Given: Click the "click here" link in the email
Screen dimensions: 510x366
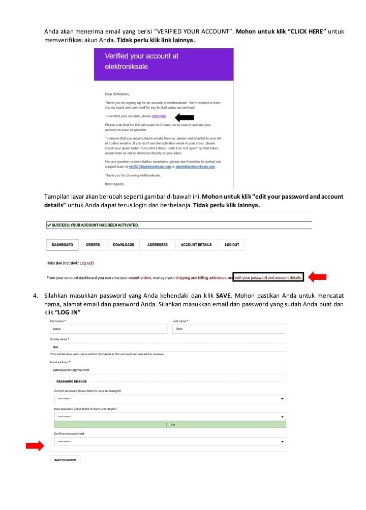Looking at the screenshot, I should [x=159, y=116].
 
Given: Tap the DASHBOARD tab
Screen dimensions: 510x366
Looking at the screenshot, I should [x=63, y=245].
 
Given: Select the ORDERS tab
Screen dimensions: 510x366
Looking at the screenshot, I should [x=93, y=245].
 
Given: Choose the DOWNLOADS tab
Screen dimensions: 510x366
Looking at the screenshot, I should [x=124, y=245].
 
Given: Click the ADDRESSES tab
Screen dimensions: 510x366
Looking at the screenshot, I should [x=158, y=245].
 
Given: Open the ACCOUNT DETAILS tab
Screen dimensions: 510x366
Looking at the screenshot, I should [x=196, y=245].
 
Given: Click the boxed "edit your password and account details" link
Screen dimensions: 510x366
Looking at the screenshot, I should [x=268, y=278].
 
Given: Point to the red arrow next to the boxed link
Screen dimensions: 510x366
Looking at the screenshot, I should [x=318, y=277].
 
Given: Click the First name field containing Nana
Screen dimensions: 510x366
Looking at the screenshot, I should [x=108, y=329].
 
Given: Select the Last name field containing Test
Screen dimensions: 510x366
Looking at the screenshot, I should [x=229, y=329].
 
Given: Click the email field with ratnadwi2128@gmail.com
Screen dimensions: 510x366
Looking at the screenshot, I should [x=168, y=370].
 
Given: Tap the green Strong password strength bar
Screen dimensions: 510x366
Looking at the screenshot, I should [x=170, y=425].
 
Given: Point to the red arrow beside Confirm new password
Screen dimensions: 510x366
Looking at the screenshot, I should [x=35, y=446].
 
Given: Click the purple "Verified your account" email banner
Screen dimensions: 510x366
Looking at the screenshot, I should [x=164, y=64].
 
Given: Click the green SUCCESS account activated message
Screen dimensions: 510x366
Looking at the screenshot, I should [x=178, y=225].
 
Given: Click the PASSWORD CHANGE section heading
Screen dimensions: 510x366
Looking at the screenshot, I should [x=72, y=381].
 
